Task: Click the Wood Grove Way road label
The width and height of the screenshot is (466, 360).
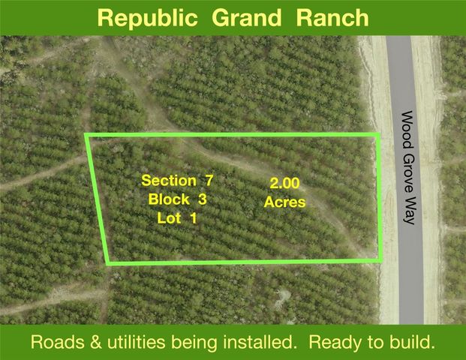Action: pos(408,168)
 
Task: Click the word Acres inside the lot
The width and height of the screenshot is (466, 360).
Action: pos(284,202)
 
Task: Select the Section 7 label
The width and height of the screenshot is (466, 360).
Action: pos(178,180)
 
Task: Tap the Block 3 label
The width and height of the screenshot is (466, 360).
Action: pos(177,199)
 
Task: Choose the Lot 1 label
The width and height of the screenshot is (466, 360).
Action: pos(177,218)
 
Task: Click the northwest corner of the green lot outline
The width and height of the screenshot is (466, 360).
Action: pos(86,136)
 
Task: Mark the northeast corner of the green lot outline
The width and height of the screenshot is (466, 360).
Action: pos(378,135)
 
